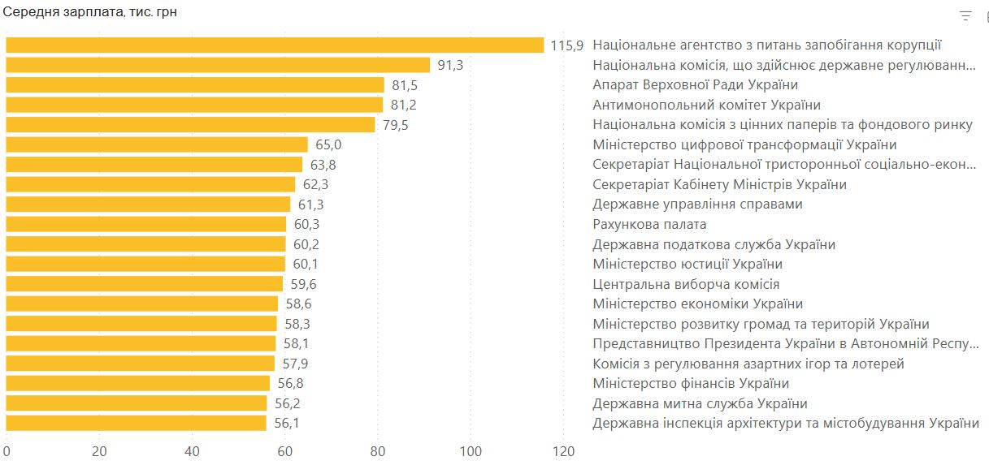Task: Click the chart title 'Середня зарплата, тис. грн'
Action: click(90, 12)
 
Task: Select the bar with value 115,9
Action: click(275, 45)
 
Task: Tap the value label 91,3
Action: click(450, 66)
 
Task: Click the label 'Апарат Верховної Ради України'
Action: click(695, 85)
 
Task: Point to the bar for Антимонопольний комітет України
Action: click(194, 105)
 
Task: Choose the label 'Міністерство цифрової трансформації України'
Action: click(744, 144)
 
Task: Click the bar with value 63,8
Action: click(154, 165)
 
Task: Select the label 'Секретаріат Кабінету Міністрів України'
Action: click(719, 184)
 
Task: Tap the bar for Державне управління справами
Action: click(148, 205)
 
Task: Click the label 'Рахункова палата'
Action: click(649, 224)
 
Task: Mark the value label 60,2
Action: click(306, 244)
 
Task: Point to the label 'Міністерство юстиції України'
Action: click(688, 264)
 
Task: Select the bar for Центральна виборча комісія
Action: click(145, 284)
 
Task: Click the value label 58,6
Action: click(298, 304)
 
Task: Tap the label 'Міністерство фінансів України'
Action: click(691, 383)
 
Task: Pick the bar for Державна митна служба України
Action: click(137, 403)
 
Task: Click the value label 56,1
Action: click(286, 423)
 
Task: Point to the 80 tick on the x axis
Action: click(378, 452)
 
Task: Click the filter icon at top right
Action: click(965, 15)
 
